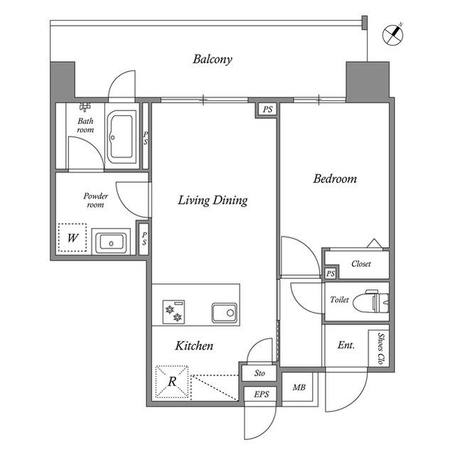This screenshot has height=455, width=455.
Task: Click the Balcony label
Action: tap(213, 59)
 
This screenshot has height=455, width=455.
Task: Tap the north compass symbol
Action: tap(392, 35)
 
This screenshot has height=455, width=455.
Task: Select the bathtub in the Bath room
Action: tap(122, 137)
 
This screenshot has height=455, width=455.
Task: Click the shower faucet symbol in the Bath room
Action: tap(85, 107)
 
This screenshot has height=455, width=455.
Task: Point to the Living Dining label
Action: tap(213, 201)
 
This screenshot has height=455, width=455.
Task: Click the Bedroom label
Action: tap(335, 179)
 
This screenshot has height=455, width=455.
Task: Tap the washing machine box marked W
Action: tap(73, 238)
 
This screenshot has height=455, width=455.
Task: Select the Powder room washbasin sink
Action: tap(111, 241)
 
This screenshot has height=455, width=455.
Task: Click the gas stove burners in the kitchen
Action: tap(173, 312)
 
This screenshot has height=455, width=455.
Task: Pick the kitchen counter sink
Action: tap(224, 313)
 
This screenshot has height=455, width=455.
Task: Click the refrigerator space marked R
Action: tap(172, 382)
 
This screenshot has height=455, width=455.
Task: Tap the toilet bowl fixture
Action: tap(371, 302)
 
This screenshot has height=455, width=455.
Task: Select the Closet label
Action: tap(361, 264)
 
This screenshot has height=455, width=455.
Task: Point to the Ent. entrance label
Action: tap(346, 345)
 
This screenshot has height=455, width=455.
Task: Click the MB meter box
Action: tap(299, 387)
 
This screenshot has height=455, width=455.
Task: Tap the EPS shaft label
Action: tap(262, 394)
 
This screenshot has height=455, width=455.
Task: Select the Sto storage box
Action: tap(259, 373)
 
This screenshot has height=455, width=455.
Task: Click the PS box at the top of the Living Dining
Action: tap(267, 110)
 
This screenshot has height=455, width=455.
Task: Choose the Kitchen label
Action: tap(194, 346)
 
